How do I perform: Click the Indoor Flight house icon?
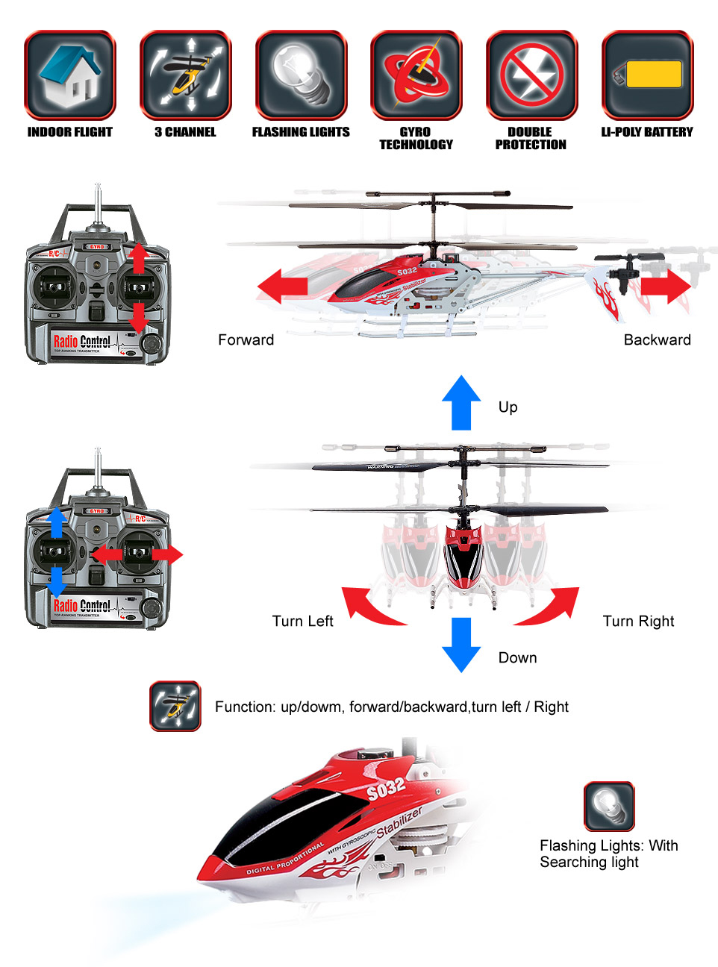[70, 75]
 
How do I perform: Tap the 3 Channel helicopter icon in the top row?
[185, 75]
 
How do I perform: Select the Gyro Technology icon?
[416, 75]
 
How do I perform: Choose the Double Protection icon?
[531, 75]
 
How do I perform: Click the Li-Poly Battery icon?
[647, 75]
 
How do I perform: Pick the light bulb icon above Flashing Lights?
[301, 75]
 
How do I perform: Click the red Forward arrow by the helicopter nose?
[283, 287]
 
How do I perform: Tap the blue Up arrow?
[461, 403]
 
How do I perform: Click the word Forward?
[246, 340]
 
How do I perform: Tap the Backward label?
[657, 340]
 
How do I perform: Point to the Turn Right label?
[638, 622]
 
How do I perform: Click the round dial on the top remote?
[152, 343]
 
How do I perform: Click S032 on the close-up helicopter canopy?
[386, 788]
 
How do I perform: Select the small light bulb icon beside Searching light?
[609, 807]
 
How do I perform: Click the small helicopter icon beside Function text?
[175, 706]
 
